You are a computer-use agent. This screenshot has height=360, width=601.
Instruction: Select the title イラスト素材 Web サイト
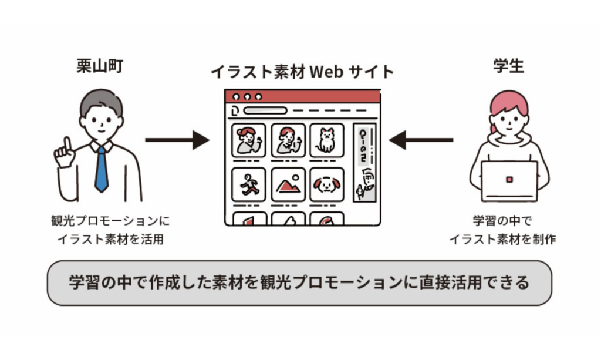[302, 72]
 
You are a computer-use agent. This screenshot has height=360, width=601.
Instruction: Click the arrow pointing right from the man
[177, 140]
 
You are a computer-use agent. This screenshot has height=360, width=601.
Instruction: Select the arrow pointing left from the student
[421, 140]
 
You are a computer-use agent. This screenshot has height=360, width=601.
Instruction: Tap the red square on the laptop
[509, 179]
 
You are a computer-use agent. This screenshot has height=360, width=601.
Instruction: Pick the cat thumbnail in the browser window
[326, 140]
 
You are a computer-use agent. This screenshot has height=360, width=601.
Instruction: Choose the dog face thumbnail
[326, 184]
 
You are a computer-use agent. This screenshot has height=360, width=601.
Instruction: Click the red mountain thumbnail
[288, 184]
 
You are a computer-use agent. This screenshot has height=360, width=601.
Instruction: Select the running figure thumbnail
[249, 184]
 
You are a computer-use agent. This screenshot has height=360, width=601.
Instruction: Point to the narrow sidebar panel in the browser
[364, 162]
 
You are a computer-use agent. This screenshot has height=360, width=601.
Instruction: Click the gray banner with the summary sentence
[299, 282]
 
